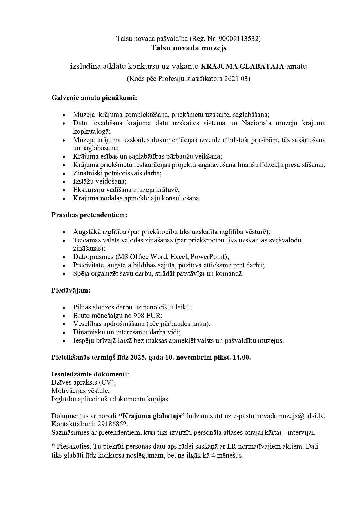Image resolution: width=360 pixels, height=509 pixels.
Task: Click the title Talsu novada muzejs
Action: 189,48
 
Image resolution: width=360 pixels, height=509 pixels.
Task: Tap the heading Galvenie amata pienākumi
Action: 94,98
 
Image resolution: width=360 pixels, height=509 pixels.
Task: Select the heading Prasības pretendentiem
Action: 89,215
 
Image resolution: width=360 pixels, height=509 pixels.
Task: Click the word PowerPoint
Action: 209,257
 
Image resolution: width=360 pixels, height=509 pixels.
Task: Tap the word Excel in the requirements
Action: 178,257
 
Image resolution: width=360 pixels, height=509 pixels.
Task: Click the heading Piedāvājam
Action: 71,290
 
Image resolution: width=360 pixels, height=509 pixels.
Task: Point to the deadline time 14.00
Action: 242,357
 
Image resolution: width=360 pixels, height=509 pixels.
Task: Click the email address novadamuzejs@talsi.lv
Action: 290,416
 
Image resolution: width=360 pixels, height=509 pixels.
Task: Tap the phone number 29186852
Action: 113,424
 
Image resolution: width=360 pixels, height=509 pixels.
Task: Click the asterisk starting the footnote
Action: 53,447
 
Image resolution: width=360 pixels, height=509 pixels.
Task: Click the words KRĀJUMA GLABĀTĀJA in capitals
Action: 243,66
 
